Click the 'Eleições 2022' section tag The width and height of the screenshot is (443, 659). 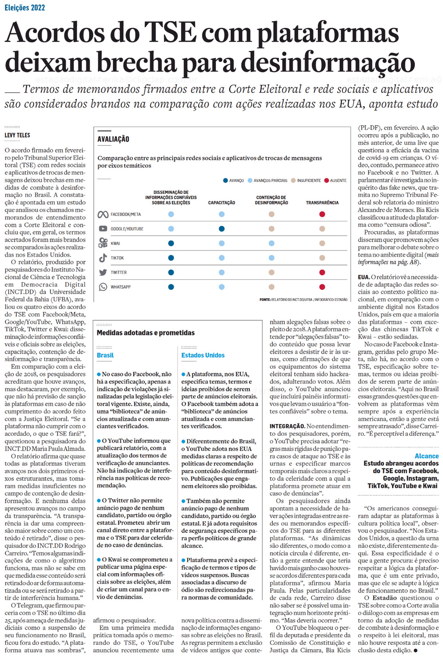tap(25, 8)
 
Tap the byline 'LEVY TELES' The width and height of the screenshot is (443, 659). tap(17, 135)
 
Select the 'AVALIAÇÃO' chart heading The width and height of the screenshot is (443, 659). tap(113, 139)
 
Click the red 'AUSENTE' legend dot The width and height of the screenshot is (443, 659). tap(327, 181)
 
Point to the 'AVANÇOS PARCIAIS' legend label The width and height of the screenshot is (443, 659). tap(270, 181)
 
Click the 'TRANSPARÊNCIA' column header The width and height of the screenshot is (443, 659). tap(322, 203)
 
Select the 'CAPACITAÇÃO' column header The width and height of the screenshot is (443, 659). tap(222, 203)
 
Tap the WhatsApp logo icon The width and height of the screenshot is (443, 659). tap(103, 287)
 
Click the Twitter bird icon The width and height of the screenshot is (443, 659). tap(103, 273)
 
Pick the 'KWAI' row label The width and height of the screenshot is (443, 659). tap(116, 243)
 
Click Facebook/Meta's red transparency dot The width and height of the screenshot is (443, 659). tap(322, 214)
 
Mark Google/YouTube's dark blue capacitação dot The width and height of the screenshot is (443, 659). tap(222, 229)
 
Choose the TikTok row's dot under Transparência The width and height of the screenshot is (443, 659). tap(322, 258)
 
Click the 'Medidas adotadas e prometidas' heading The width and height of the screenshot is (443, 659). tap(146, 333)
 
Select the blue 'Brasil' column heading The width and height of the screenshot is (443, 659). tap(105, 355)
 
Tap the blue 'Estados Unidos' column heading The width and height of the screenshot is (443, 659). tap(203, 355)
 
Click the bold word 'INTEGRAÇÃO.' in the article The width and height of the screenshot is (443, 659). tap(287, 426)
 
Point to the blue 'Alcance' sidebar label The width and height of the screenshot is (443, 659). tap(427, 456)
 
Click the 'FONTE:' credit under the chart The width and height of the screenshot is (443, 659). tap(265, 300)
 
